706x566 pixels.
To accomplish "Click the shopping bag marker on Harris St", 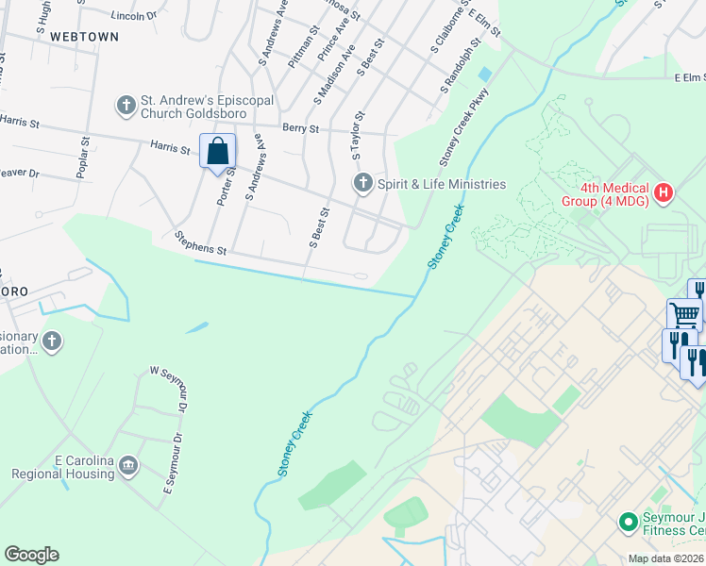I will tap(217, 151).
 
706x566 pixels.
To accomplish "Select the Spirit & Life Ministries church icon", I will tap(362, 183).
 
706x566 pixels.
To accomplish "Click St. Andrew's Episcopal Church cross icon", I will tap(126, 105).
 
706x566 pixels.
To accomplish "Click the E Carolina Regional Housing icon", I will tap(130, 466).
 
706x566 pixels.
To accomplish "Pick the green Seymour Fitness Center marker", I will tap(627, 521).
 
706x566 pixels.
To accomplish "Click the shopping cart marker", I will tap(683, 314).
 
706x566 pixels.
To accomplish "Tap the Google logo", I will tap(31, 555).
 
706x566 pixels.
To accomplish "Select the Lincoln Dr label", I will tap(133, 16).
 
